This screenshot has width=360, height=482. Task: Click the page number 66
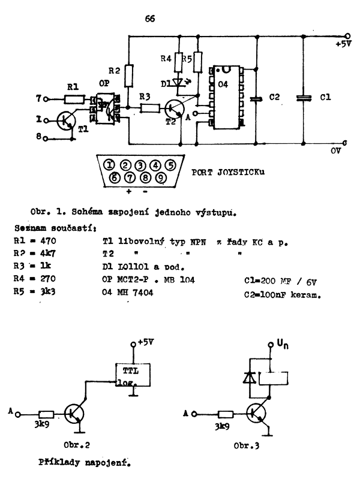150,19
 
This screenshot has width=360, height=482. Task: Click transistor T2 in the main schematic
175,109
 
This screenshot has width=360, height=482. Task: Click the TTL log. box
133,376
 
